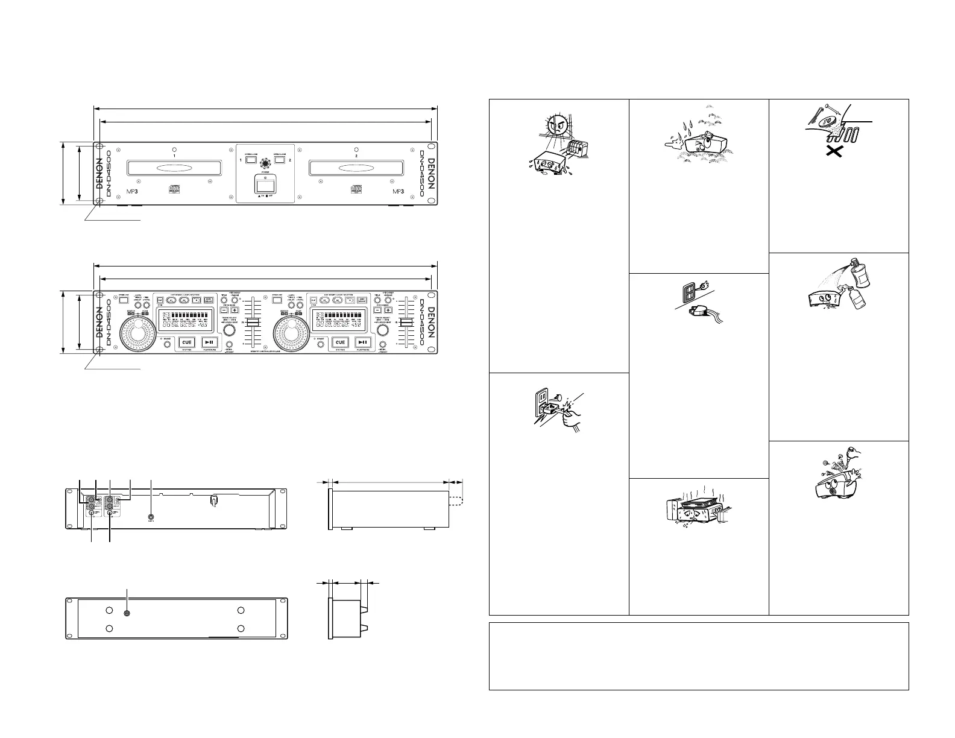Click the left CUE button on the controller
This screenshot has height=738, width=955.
[x=187, y=342]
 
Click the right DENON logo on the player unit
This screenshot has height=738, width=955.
[x=430, y=174]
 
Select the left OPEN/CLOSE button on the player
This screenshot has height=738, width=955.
[x=252, y=161]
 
